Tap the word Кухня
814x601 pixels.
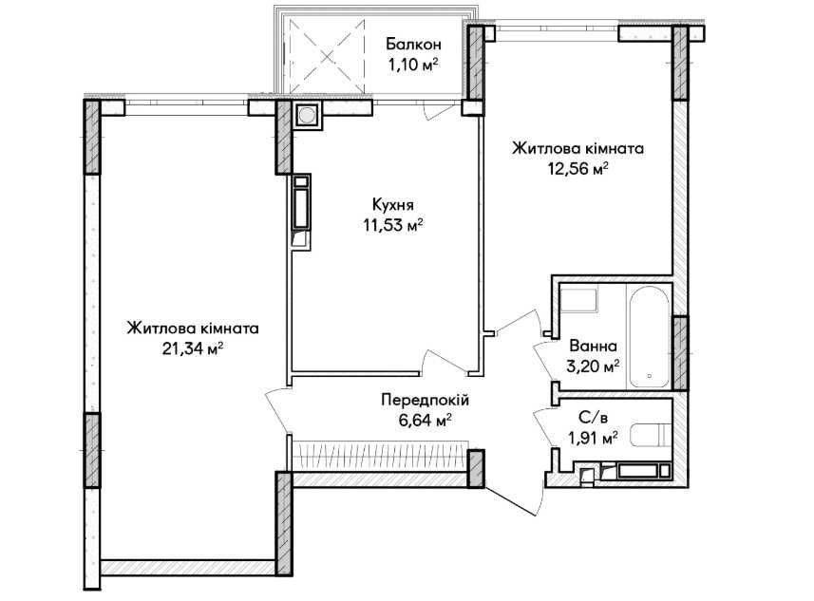[391, 204]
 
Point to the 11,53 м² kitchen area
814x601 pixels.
[391, 225]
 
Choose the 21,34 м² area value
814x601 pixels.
[193, 348]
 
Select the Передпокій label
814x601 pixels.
[425, 401]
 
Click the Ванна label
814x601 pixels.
[595, 346]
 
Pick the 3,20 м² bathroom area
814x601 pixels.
[595, 365]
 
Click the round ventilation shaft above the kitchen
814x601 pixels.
[308, 116]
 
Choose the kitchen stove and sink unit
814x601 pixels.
[301, 211]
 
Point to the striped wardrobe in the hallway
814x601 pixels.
[380, 457]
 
